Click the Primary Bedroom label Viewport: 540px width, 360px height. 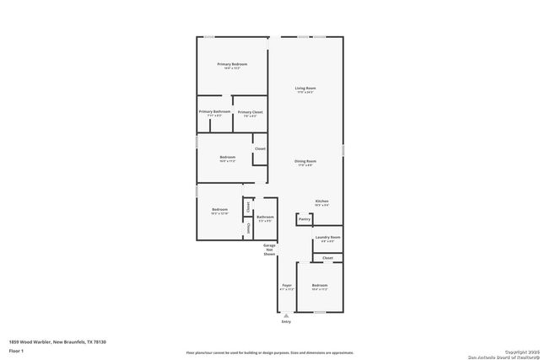[232, 65]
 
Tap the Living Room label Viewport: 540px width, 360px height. [305, 89]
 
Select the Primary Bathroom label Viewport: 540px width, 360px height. [214, 112]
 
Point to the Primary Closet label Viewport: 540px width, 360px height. [250, 112]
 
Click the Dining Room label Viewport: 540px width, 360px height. [305, 161]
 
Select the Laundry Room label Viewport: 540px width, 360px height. [327, 239]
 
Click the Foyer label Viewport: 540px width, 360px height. [287, 286]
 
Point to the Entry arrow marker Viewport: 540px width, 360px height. [286, 315]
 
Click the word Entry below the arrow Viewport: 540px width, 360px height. [286, 322]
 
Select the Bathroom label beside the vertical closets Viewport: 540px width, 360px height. [265, 218]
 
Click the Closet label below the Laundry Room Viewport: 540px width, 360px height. [327, 258]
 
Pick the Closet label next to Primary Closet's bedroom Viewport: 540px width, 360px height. [260, 149]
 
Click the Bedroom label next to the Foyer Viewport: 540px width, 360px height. [320, 286]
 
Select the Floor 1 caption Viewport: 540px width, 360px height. [17, 350]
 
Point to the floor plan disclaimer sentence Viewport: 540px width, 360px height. [269, 352]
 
